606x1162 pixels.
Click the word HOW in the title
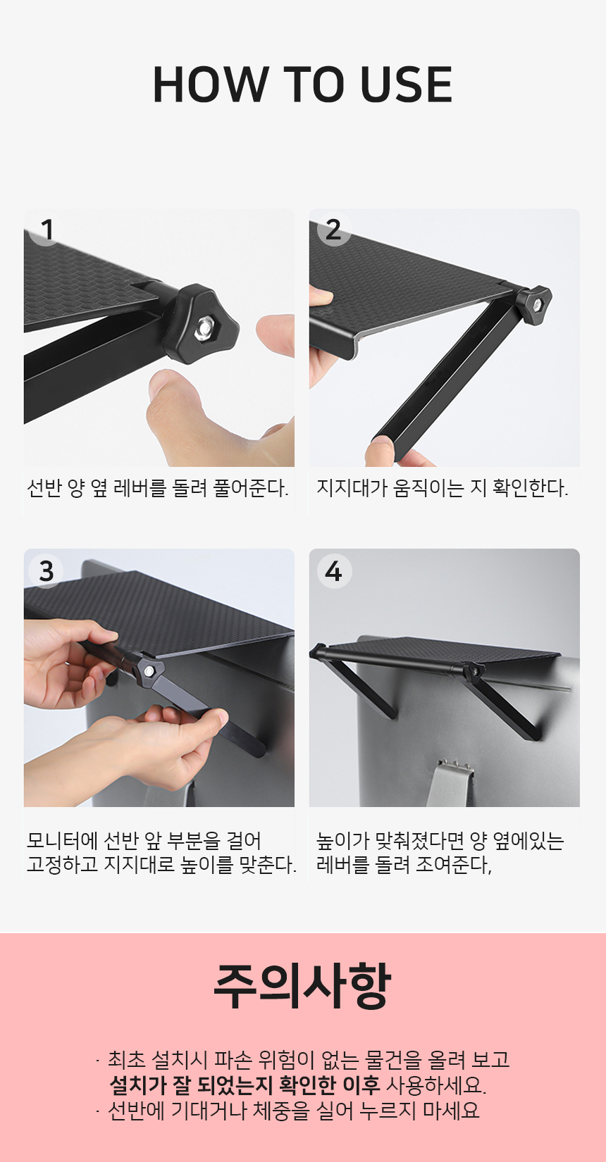[210, 84]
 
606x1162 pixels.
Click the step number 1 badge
[47, 230]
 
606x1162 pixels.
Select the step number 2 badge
[333, 230]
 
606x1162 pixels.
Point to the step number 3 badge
[47, 571]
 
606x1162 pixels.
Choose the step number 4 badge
[333, 571]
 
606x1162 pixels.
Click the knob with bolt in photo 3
[148, 670]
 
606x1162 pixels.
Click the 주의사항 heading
[302, 987]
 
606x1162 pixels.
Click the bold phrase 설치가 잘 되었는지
[192, 1085]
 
